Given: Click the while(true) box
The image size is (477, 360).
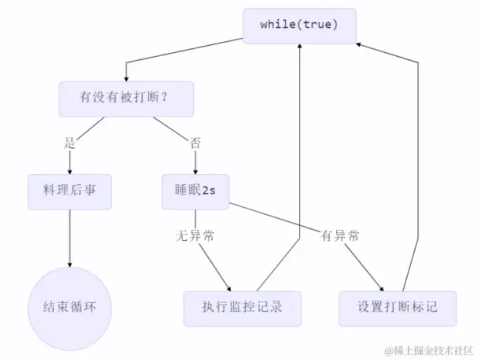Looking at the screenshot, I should click(299, 25).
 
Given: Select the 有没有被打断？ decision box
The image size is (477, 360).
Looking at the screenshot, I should click(126, 99).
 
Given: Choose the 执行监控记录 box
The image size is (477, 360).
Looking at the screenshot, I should click(242, 307).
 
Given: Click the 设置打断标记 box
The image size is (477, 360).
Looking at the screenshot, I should click(398, 307).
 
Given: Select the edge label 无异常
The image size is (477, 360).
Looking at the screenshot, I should click(195, 236).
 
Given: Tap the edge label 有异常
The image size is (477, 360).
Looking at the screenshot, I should click(340, 236).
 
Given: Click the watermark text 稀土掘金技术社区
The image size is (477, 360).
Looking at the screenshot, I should click(428, 351).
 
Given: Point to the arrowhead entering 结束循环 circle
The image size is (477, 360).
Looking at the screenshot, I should click(70, 266).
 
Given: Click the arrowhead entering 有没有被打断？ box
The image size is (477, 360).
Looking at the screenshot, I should click(126, 78).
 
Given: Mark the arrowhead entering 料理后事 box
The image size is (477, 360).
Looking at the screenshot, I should click(70, 171).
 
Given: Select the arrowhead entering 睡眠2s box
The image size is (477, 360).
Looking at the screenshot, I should click(195, 171).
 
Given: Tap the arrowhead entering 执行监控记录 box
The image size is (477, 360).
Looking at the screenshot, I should click(232, 287).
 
